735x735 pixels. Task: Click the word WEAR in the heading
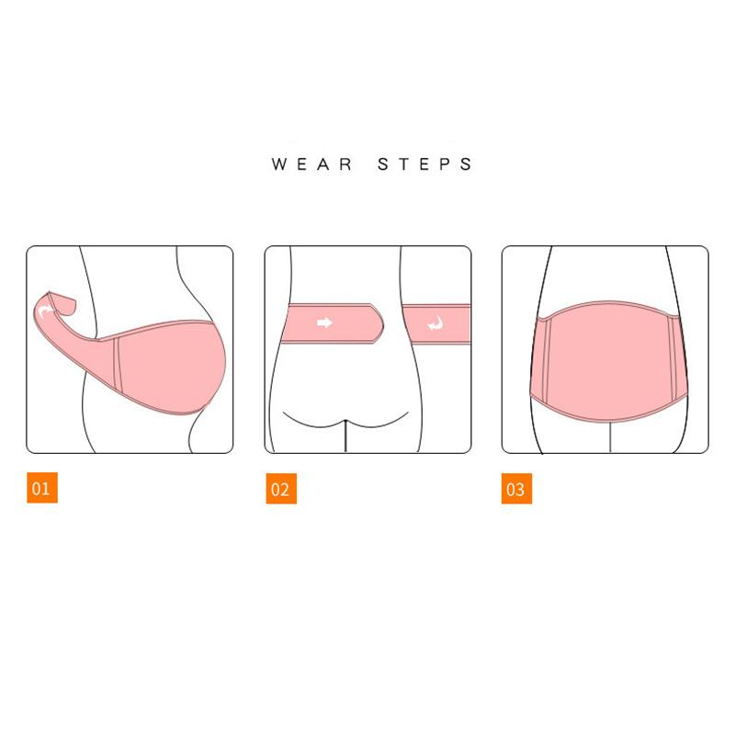[x=311, y=164]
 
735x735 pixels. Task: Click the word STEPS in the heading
[x=424, y=164]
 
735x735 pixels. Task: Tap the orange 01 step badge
[x=42, y=488]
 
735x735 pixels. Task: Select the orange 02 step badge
[x=281, y=489]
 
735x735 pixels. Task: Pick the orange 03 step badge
[x=516, y=489]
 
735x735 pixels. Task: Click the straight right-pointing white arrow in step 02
[x=324, y=322]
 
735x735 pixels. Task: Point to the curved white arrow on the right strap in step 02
[x=435, y=323]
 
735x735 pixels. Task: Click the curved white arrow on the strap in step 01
[x=45, y=310]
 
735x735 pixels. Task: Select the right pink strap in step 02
[x=437, y=324]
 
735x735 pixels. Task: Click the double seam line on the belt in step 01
[x=118, y=365]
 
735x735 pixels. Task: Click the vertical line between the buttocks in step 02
[x=345, y=435]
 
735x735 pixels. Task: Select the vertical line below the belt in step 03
[x=610, y=437]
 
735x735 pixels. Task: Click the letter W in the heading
[x=280, y=164]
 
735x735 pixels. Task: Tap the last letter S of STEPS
[x=466, y=164]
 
